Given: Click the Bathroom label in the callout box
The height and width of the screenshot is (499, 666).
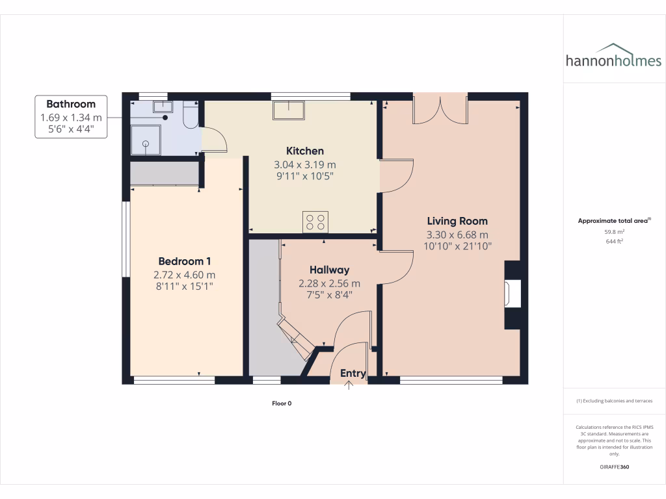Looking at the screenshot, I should (x=71, y=104).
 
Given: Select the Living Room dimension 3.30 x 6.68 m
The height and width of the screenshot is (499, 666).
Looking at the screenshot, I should (x=457, y=235).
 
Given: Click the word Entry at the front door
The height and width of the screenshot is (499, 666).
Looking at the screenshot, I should (x=353, y=373).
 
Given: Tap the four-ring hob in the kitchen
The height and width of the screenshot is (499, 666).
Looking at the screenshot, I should (x=315, y=222).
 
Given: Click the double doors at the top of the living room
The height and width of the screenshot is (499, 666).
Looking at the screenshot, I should (x=440, y=109).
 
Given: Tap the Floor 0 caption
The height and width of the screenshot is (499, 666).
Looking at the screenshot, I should (x=282, y=403).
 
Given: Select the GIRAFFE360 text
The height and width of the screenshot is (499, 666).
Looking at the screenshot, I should (x=614, y=467).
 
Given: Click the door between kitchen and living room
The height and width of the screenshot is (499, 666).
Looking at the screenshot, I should (x=396, y=176).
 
